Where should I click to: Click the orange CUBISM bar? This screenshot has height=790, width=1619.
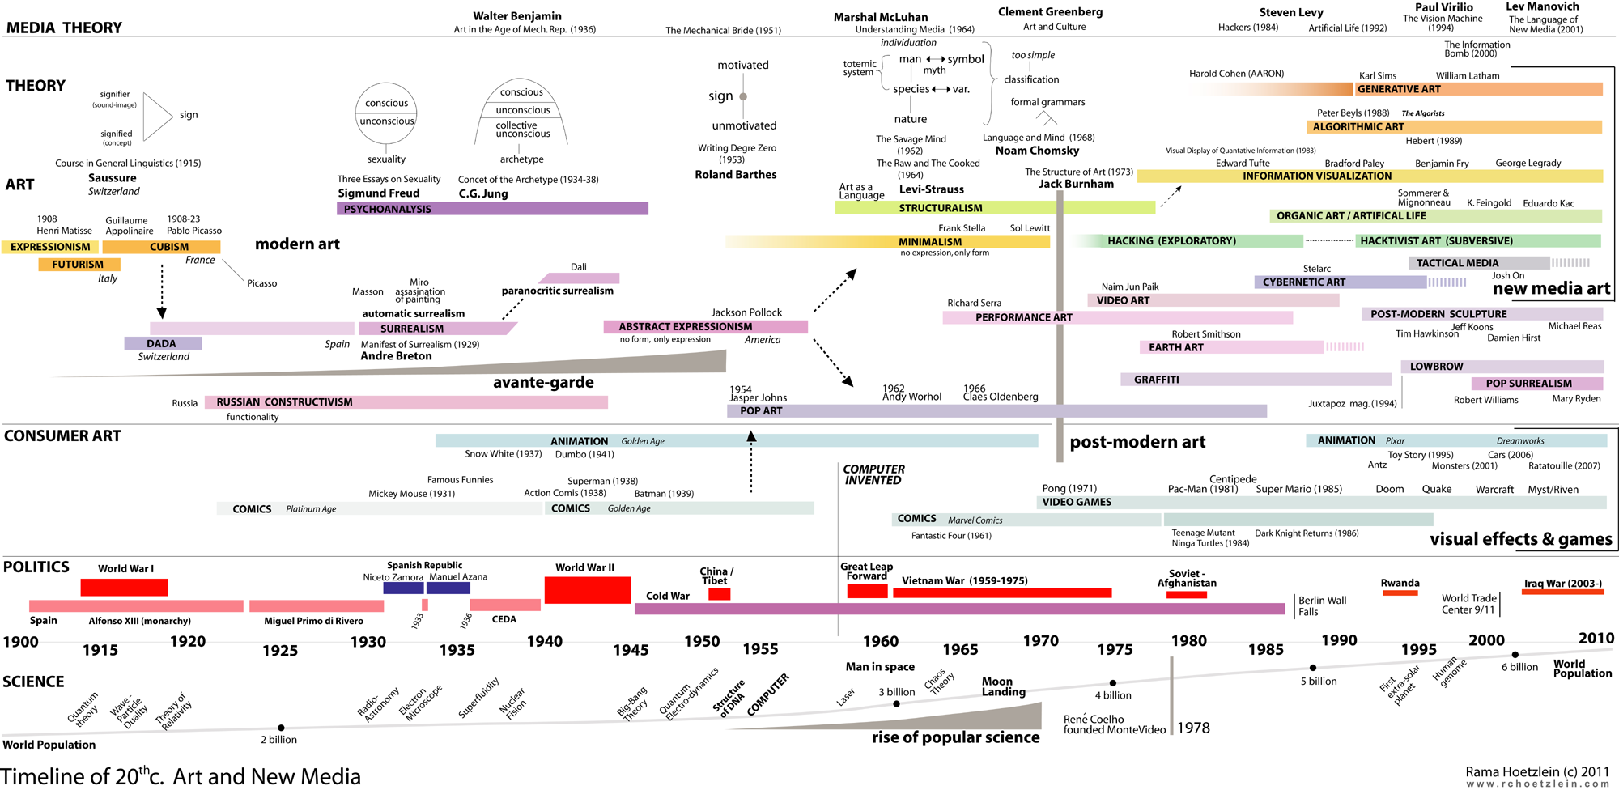click(161, 247)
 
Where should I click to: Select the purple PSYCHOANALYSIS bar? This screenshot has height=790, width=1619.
click(492, 209)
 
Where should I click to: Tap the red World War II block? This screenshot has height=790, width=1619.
click(587, 590)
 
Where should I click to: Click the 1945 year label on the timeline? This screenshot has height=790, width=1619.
click(631, 650)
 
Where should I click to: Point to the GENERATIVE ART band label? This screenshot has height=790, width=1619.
click(1399, 89)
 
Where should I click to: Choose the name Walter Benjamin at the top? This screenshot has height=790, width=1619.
click(516, 16)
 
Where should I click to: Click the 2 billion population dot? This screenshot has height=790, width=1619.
click(281, 728)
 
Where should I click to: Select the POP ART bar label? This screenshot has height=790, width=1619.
click(761, 411)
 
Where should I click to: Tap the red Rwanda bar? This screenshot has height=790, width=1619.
click(1400, 593)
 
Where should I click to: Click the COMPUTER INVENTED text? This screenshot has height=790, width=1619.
click(873, 474)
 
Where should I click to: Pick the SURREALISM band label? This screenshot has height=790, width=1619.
click(412, 329)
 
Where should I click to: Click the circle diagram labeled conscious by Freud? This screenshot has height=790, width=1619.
click(386, 113)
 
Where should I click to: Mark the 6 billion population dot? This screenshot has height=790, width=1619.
click(1515, 655)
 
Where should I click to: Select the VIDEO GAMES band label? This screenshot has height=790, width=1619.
click(1077, 502)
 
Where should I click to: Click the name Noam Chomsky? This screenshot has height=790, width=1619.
click(1037, 151)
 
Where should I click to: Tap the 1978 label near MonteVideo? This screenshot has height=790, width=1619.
click(1193, 728)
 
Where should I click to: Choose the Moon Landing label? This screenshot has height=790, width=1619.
click(1003, 686)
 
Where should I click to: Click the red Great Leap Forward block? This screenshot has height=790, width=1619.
click(867, 591)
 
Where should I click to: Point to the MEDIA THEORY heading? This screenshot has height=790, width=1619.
click(64, 28)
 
